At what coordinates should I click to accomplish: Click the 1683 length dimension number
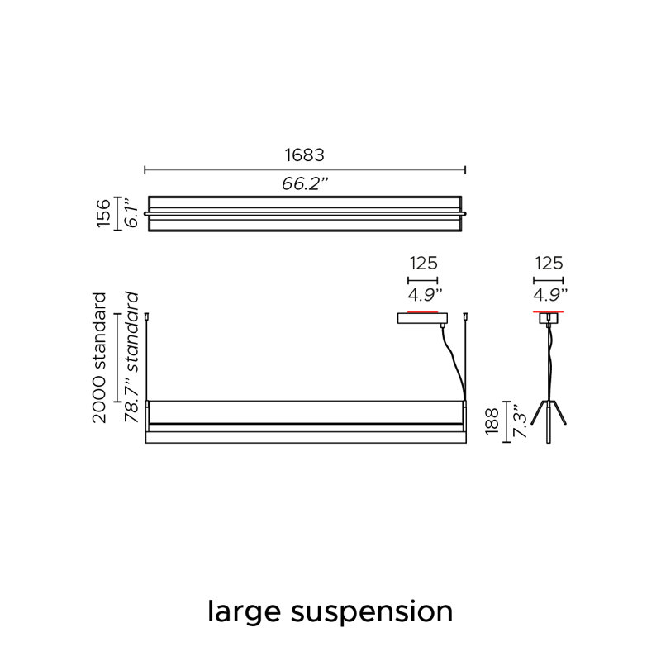pos(304,155)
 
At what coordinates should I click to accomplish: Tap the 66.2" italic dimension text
pos(305,183)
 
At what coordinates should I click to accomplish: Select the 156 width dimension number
pos(104,213)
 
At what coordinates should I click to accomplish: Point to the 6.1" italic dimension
pos(132,213)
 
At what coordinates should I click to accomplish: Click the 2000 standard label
pos(99,358)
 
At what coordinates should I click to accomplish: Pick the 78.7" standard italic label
pos(131,358)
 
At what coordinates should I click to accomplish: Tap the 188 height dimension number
pos(492,421)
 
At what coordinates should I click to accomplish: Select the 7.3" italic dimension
pos(520,421)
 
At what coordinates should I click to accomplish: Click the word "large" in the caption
pos(244,612)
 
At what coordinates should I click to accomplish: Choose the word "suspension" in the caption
pos(372,612)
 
